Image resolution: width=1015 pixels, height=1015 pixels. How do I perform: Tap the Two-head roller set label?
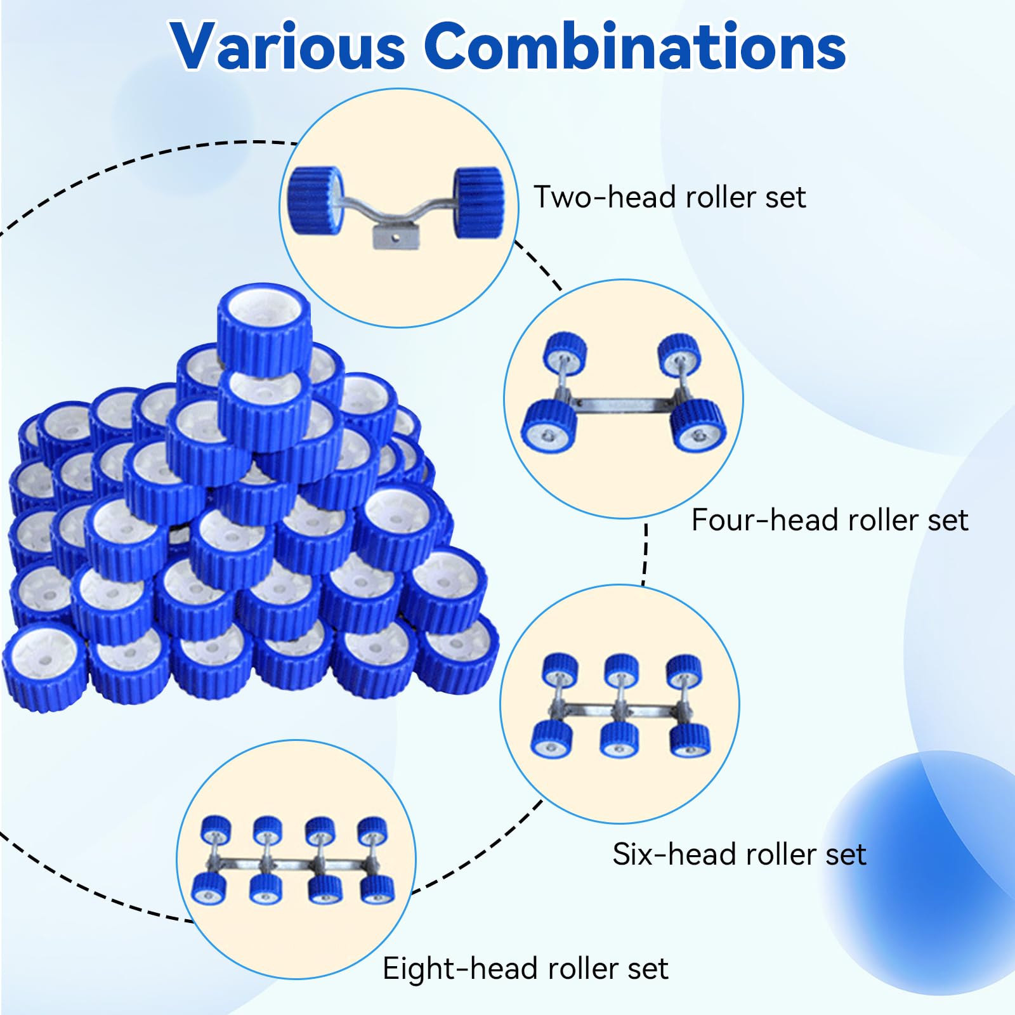pyautogui.click(x=669, y=197)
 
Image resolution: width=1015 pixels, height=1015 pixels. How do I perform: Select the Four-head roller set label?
pyautogui.click(x=830, y=520)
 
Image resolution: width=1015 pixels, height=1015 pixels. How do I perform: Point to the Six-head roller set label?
pyautogui.click(x=739, y=855)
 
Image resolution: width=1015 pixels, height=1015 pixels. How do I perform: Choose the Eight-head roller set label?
pyautogui.click(x=525, y=969)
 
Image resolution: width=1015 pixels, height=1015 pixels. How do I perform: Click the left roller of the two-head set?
pyautogui.click(x=316, y=200)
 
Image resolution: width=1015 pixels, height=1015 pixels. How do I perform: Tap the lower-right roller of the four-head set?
pyautogui.click(x=698, y=426)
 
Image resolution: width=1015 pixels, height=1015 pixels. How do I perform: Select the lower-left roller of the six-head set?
pyautogui.click(x=551, y=739)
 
